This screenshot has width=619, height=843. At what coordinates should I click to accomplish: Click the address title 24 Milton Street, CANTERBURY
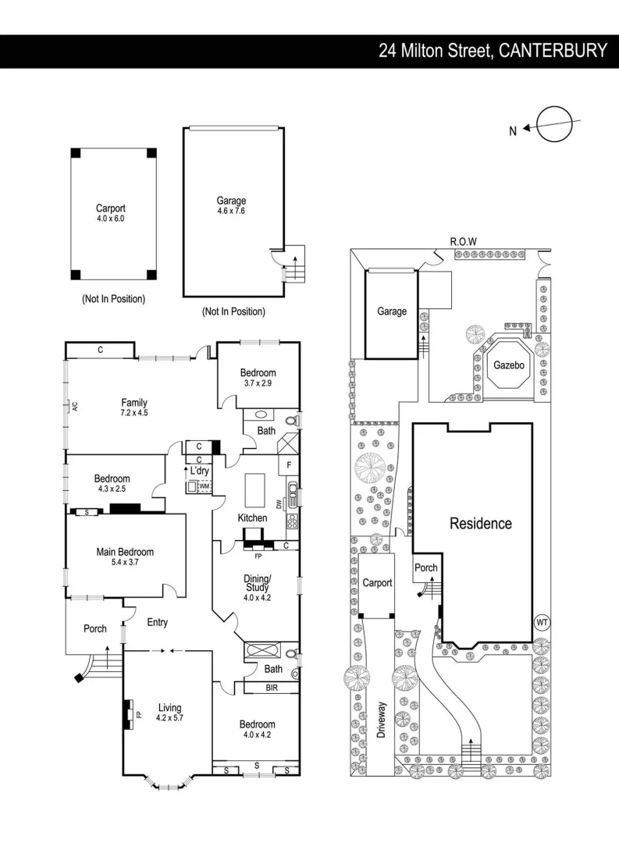[493, 51]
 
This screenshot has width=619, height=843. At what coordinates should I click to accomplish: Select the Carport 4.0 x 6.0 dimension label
[110, 214]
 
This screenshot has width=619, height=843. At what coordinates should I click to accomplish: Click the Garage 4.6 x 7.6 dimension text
[232, 206]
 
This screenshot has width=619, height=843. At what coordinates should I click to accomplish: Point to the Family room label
[134, 407]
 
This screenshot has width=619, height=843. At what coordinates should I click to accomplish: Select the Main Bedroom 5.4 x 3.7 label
[125, 557]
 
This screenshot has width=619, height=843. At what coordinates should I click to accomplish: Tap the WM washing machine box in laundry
[203, 486]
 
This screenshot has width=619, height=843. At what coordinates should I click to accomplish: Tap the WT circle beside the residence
[542, 622]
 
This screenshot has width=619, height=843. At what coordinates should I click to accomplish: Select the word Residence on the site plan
[480, 524]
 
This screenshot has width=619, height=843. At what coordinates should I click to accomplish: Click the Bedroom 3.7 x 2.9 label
[258, 378]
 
